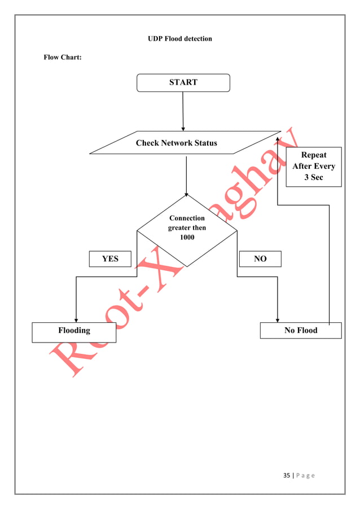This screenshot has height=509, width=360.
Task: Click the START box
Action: tap(183, 82)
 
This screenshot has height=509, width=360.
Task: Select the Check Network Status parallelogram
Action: tap(177, 143)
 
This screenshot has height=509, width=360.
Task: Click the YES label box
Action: tap(110, 259)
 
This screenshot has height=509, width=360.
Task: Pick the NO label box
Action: tap(260, 259)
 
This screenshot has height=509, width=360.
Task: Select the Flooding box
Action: tap(74, 332)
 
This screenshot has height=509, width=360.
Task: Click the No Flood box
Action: tap(301, 330)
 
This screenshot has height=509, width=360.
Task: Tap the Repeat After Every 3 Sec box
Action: tap(313, 166)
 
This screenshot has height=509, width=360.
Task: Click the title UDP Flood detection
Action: tap(180, 39)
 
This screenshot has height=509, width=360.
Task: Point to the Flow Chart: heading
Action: tap(63, 58)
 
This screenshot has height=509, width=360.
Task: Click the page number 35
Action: tap(286, 475)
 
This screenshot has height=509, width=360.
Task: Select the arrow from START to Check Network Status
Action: tap(183, 111)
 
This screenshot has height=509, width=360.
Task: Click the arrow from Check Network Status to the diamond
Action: tap(186, 175)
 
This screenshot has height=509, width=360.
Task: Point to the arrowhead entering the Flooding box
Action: tap(76, 319)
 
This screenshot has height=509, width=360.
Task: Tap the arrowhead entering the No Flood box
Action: tap(278, 319)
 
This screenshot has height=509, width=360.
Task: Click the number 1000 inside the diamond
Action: tap(187, 238)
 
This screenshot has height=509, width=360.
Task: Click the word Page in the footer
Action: tap(305, 475)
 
